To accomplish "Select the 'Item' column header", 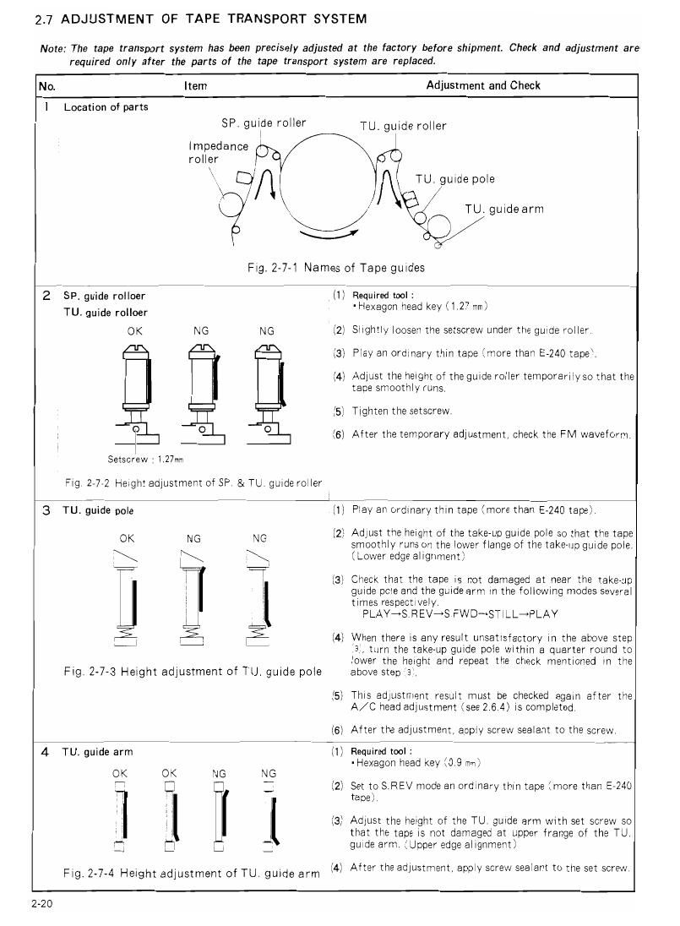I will pyautogui.click(x=195, y=85).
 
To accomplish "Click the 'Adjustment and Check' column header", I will pyautogui.click(x=483, y=85).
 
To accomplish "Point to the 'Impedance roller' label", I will pyautogui.click(x=218, y=152).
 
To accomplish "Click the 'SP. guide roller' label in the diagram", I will pyautogui.click(x=264, y=123).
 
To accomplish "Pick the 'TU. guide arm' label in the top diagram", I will pyautogui.click(x=503, y=210).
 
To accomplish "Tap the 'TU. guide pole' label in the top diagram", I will pyautogui.click(x=455, y=179).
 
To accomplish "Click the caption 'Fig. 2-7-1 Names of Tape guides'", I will pyautogui.click(x=335, y=268).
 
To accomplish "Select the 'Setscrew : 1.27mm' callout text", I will pyautogui.click(x=145, y=460).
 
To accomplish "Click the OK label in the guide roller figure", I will pyautogui.click(x=134, y=331).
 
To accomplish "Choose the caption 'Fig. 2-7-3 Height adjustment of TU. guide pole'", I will pyautogui.click(x=193, y=672).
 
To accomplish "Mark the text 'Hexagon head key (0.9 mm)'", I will pyautogui.click(x=417, y=762).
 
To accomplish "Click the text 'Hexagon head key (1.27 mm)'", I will pyautogui.click(x=421, y=306).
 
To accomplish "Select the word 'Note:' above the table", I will pyautogui.click(x=53, y=48).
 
